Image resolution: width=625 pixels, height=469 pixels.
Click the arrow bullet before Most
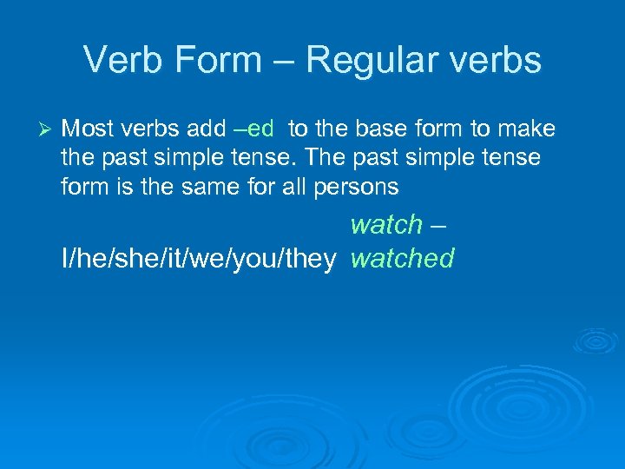[x=48, y=129]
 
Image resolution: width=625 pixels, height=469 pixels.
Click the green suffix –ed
[x=254, y=129]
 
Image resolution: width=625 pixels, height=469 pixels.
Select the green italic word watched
[x=402, y=258]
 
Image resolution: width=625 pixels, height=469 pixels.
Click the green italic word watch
[x=385, y=224]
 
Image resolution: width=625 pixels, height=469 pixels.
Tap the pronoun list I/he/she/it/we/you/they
[x=198, y=259]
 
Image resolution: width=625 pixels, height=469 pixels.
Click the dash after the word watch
[x=437, y=225]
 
